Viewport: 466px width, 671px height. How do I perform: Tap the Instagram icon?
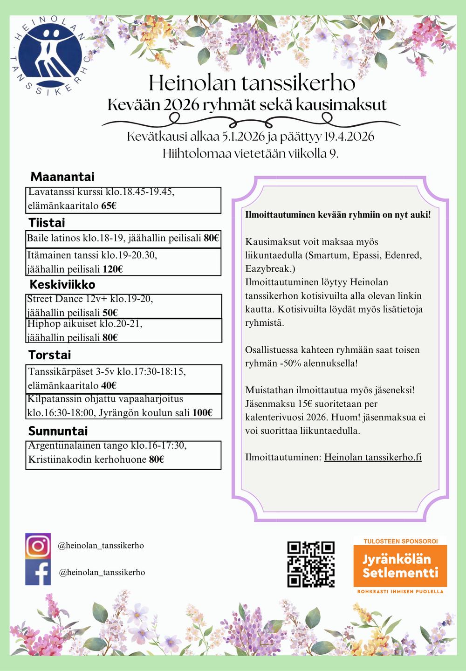click(x=38, y=546)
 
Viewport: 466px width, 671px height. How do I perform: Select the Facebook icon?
click(x=38, y=572)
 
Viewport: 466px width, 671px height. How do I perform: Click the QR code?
click(x=311, y=564)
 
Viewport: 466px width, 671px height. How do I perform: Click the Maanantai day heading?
click(x=62, y=177)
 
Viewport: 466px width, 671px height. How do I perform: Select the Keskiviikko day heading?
click(x=62, y=285)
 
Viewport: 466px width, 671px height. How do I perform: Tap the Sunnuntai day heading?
click(x=58, y=431)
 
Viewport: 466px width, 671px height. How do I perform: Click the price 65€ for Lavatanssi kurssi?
click(x=108, y=205)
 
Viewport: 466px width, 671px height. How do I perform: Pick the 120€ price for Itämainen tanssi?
click(x=113, y=269)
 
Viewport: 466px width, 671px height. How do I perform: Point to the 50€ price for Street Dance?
click(x=110, y=313)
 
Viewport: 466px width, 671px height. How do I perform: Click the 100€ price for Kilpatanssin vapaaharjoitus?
click(x=202, y=413)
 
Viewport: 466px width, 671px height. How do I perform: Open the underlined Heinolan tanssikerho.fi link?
click(x=372, y=457)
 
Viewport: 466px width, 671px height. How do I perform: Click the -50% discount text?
click(x=290, y=363)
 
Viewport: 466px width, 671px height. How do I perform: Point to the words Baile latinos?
click(x=54, y=238)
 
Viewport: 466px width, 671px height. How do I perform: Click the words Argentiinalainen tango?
click(x=78, y=446)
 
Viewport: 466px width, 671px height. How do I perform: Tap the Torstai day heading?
click(x=49, y=355)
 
